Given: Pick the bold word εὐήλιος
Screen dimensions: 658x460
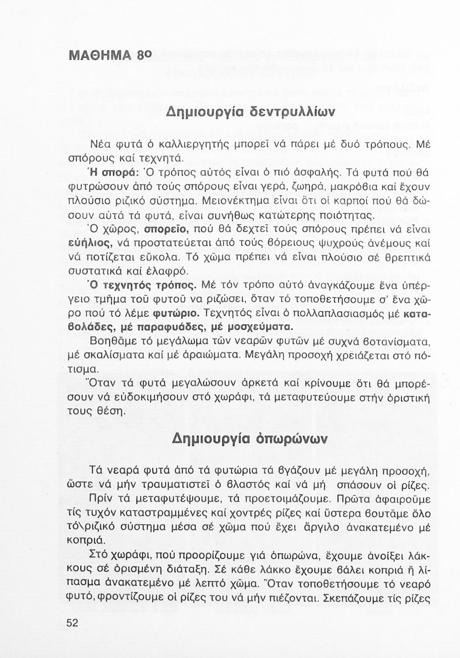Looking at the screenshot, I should tap(91, 243).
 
